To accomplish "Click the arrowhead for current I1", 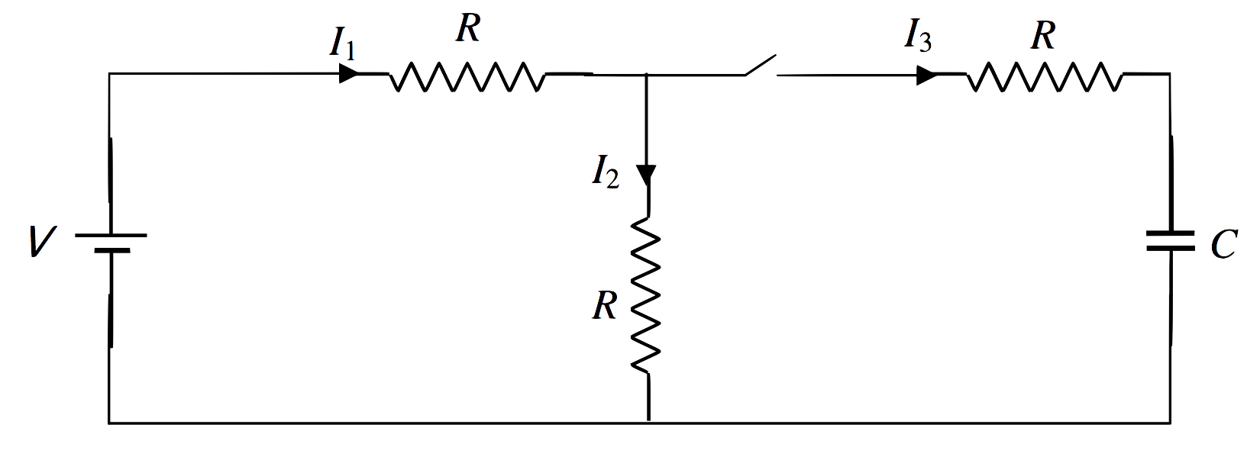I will [x=348, y=74].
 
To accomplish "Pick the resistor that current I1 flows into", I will [x=467, y=76].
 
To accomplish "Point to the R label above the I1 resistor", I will [x=467, y=29].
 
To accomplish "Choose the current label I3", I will [x=916, y=37].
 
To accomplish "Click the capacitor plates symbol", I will [x=1170, y=243].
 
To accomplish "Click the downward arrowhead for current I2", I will [x=648, y=176].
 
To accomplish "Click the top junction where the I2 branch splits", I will [x=648, y=75].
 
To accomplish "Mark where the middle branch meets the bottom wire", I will [x=648, y=422].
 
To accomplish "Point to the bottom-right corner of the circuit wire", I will [x=1170, y=422].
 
